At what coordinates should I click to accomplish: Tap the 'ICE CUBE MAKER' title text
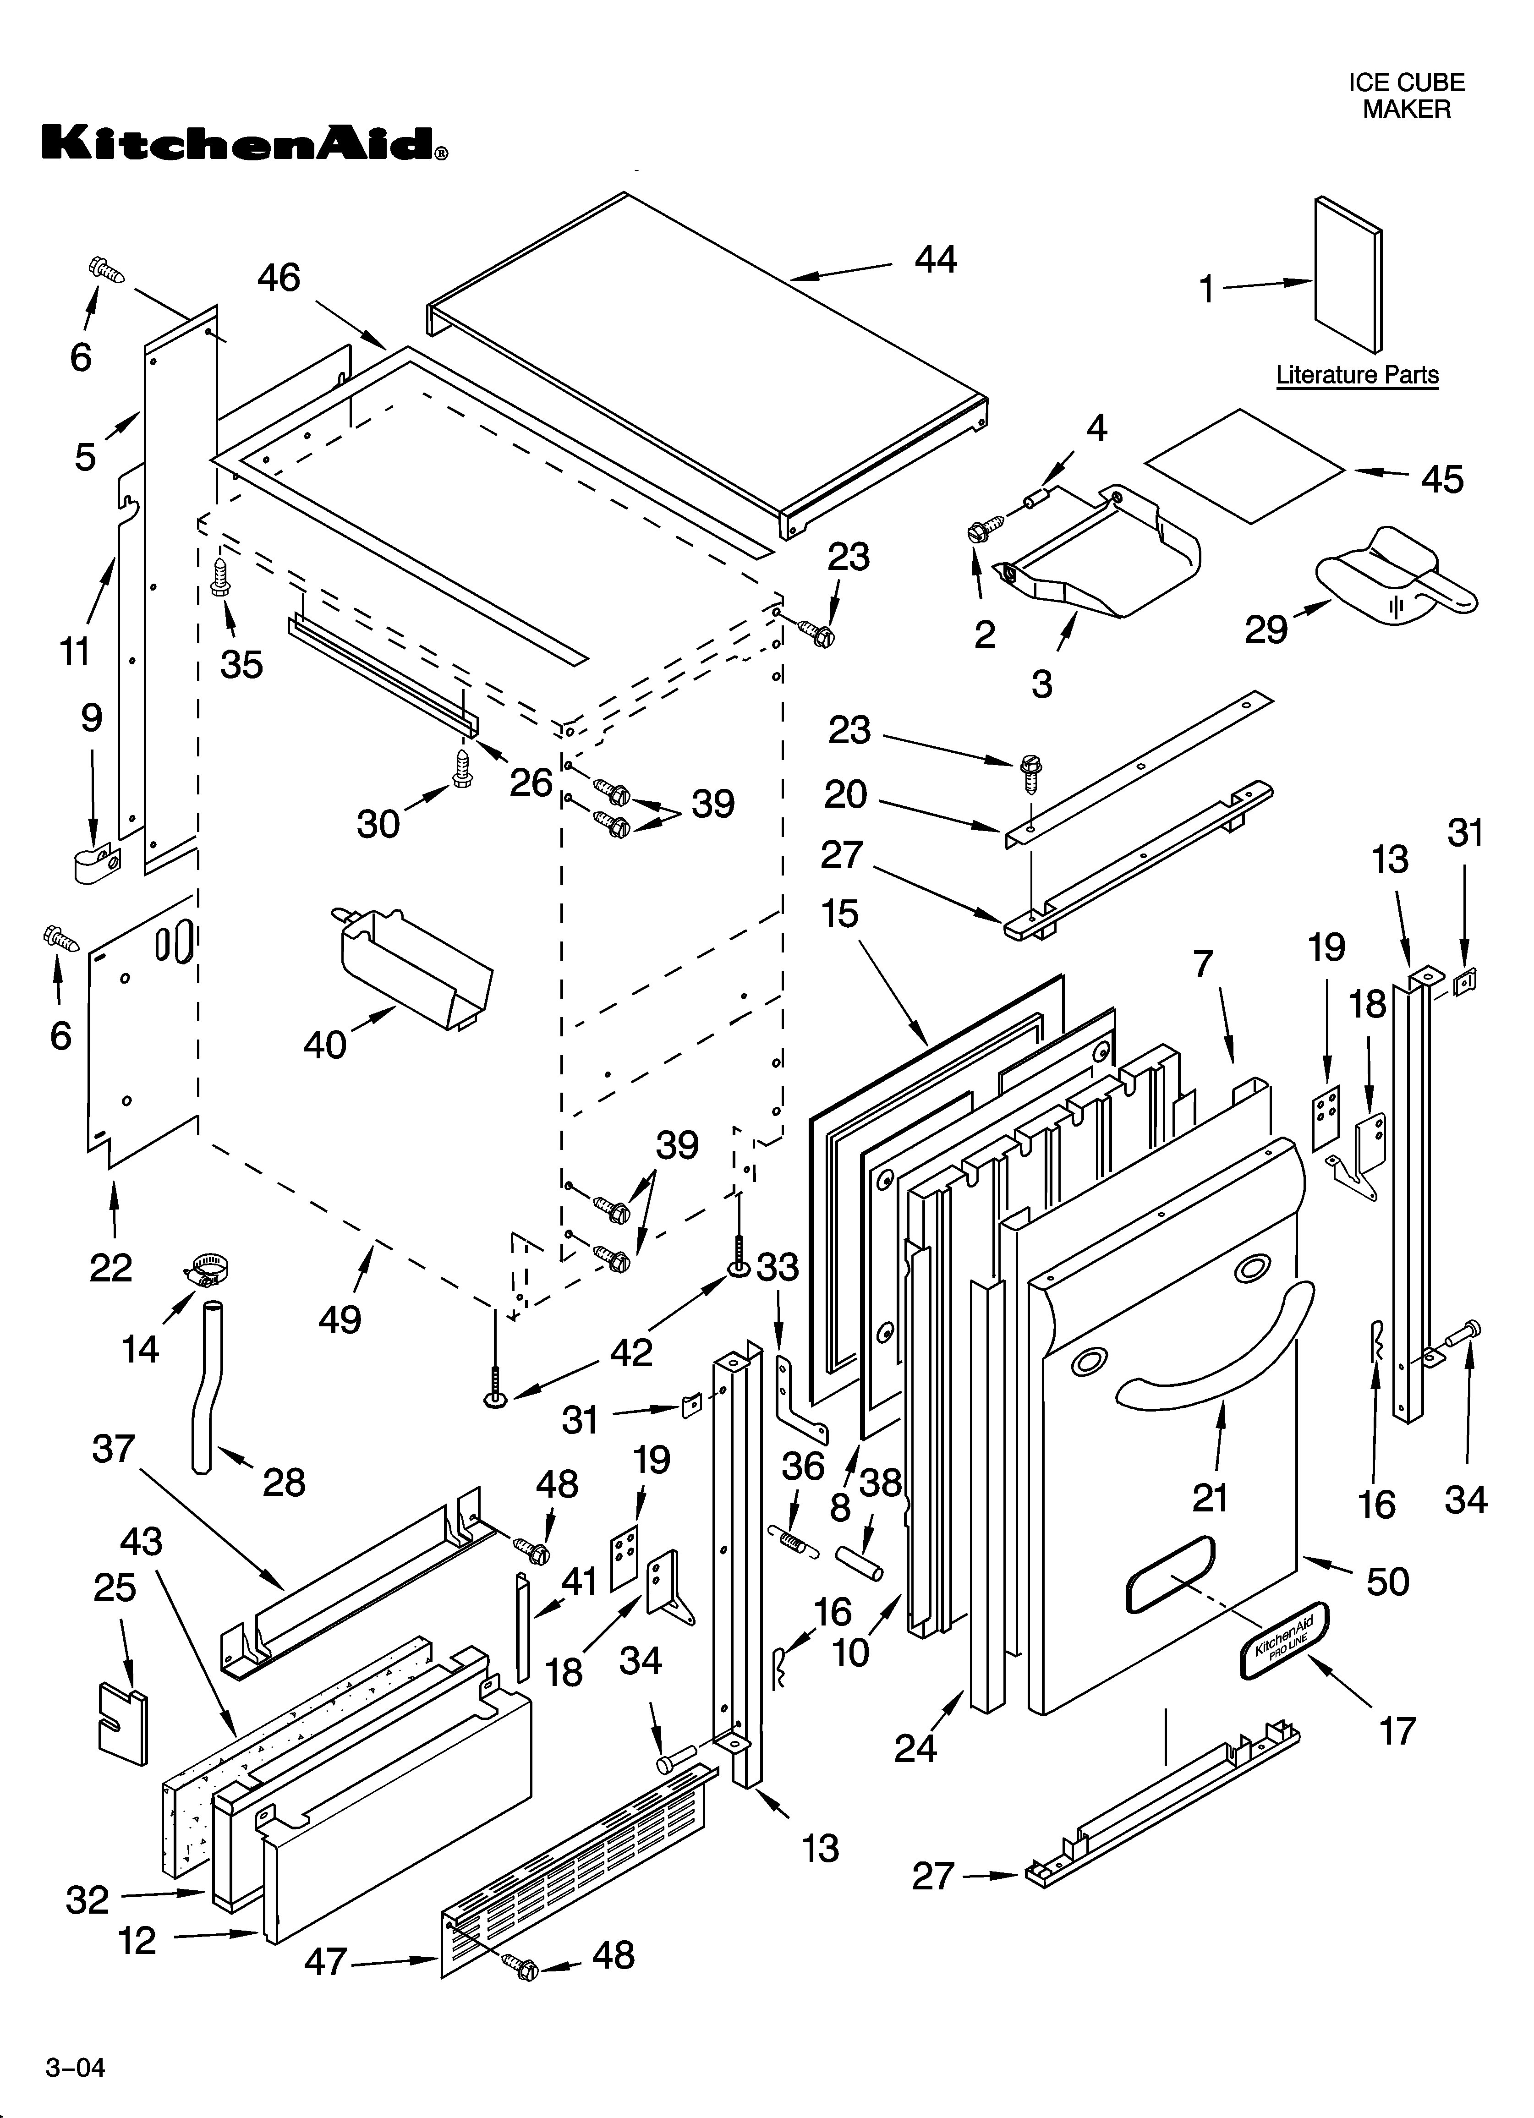pos(1405,95)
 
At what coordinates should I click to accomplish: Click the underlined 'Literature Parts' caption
pos(1357,375)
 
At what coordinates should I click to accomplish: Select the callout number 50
pos(1386,1581)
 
